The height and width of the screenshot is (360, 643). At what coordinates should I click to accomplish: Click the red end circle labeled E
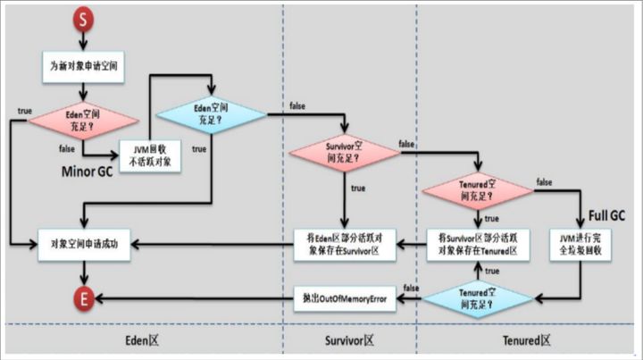pos(84,298)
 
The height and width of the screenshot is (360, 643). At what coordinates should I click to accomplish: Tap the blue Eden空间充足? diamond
pos(212,114)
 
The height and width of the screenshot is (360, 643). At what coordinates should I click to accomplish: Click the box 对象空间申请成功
pos(85,243)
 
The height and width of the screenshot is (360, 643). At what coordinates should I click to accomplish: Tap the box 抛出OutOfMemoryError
pos(345,297)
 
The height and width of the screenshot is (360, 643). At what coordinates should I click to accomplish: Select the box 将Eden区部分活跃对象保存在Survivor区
pos(344,243)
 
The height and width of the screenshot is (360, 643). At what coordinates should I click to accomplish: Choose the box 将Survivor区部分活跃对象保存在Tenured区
pos(477,243)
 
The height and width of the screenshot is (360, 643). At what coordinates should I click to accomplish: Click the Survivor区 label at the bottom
pos(349,340)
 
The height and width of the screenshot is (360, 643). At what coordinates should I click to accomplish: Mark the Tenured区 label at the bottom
pos(527,340)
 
